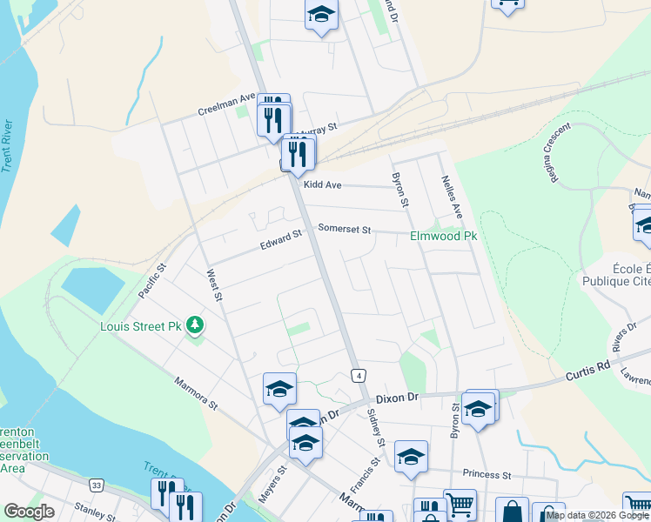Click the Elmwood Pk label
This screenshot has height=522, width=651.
[444, 236]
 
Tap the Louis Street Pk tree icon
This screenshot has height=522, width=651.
[197, 325]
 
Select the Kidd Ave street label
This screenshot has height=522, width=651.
[322, 185]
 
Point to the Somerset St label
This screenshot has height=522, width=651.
[345, 230]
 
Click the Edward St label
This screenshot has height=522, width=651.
[280, 239]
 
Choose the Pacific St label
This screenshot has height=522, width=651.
[151, 283]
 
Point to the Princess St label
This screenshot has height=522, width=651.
[487, 475]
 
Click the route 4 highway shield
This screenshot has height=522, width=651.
[358, 375]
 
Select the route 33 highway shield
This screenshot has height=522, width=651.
[96, 485]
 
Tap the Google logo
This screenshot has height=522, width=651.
[29, 512]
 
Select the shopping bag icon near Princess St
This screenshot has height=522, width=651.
[512, 509]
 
